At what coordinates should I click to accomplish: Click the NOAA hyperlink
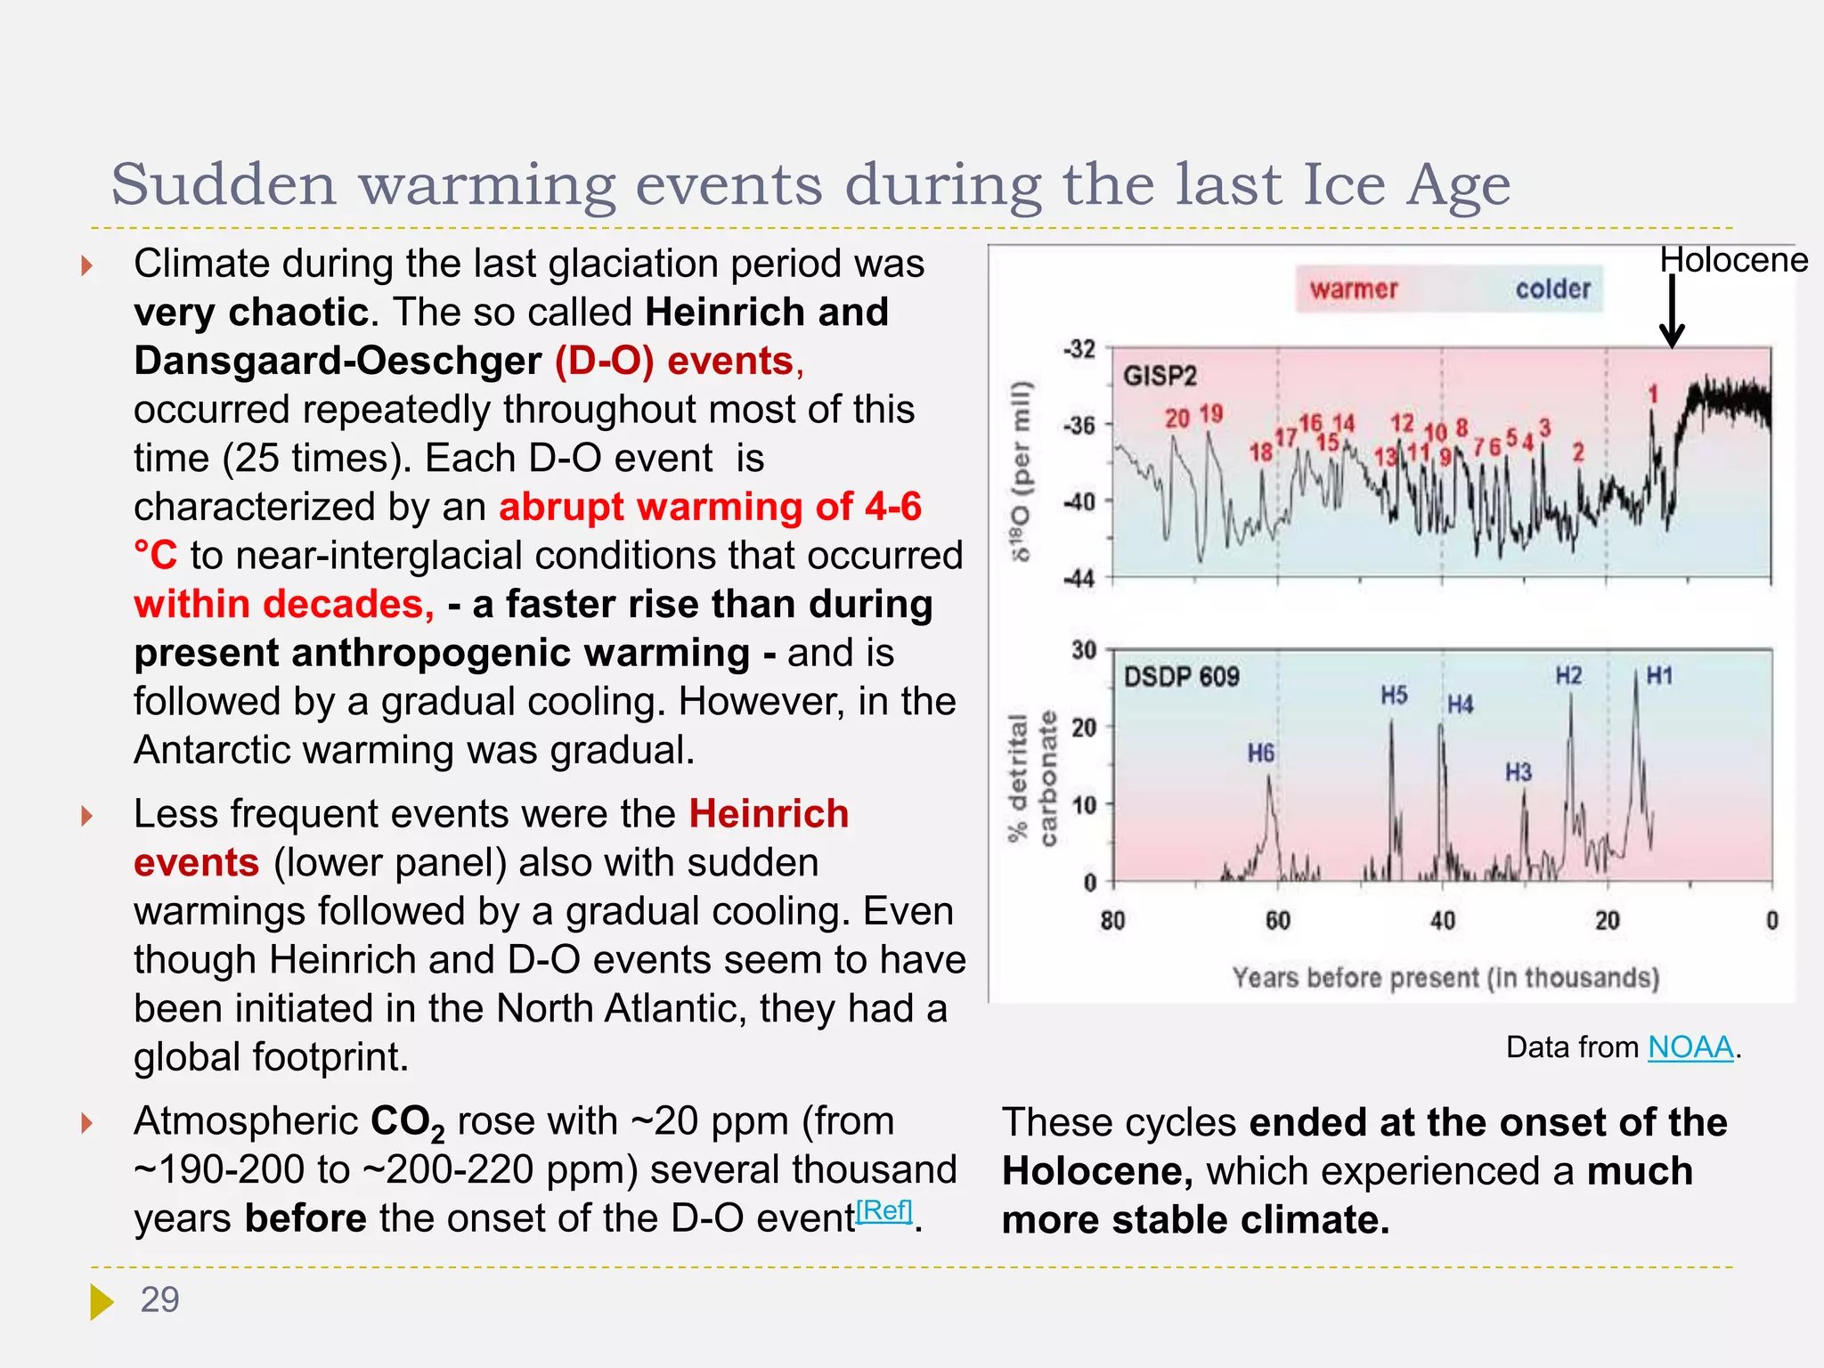click(x=1690, y=1047)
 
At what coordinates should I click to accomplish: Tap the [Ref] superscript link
click(x=883, y=1210)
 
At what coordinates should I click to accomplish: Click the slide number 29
click(x=159, y=1300)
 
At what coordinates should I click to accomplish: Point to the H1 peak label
click(x=1659, y=676)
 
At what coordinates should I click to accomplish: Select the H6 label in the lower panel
click(x=1260, y=753)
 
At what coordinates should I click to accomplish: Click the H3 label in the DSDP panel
click(x=1519, y=771)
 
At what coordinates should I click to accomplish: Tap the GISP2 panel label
click(x=1160, y=376)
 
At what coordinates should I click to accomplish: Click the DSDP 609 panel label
click(x=1181, y=677)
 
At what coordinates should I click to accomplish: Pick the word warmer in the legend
click(x=1354, y=289)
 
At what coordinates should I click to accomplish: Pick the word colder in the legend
click(x=1552, y=289)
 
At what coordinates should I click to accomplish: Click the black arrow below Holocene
click(x=1672, y=312)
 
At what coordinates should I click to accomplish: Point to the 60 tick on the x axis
click(x=1277, y=920)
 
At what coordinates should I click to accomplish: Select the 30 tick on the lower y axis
click(x=1083, y=650)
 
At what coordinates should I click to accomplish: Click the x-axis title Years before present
click(x=1445, y=978)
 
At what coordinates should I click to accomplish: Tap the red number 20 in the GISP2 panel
click(x=1177, y=418)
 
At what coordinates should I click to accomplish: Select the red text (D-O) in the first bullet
click(x=604, y=361)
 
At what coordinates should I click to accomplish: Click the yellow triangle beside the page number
click(x=102, y=1301)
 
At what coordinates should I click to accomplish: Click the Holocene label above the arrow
click(x=1732, y=260)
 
